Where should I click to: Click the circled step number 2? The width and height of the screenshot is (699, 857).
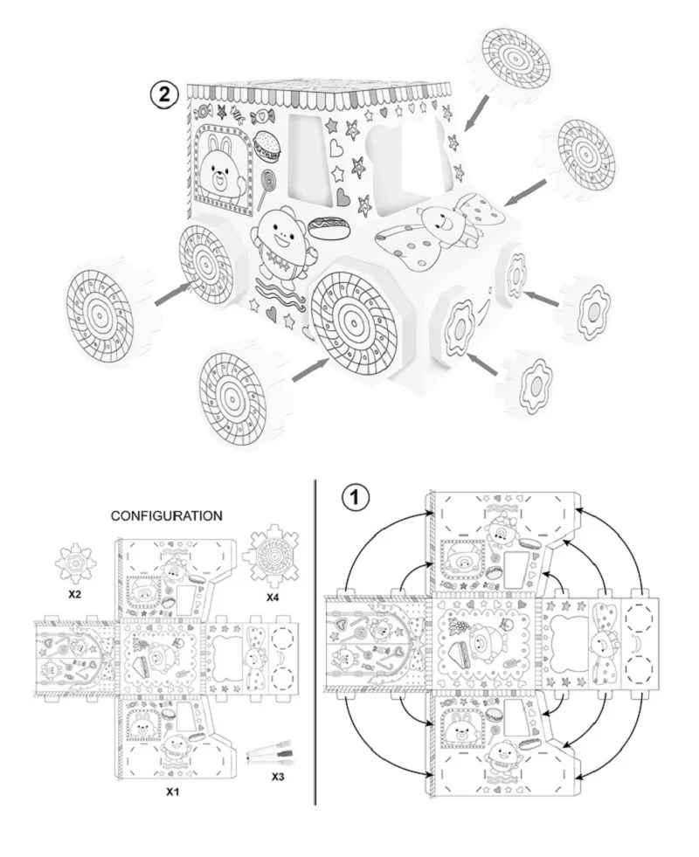click(x=165, y=94)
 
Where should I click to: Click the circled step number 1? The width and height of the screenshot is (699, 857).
click(x=355, y=498)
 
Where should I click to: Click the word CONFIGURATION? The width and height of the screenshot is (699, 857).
click(x=166, y=515)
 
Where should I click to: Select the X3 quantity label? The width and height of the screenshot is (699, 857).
click(x=278, y=776)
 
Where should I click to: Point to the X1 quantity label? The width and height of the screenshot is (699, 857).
click(x=174, y=791)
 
